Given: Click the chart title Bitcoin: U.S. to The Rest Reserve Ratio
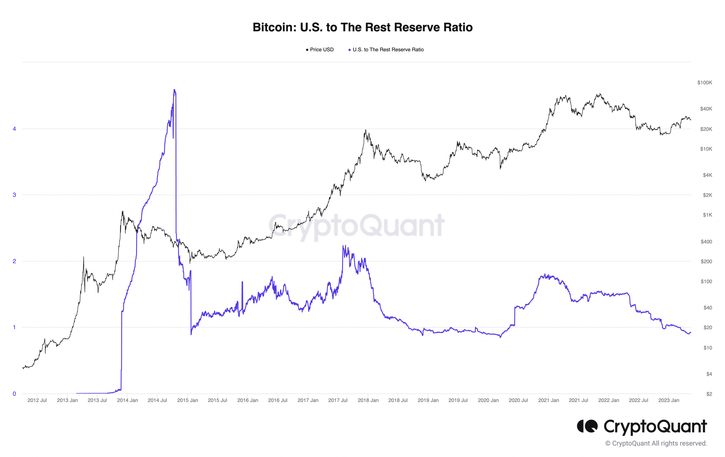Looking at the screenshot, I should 362,27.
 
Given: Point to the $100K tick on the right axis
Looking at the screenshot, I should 704,82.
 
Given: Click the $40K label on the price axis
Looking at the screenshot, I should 706,109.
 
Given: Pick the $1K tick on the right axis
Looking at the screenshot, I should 707,215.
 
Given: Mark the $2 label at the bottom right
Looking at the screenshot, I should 709,394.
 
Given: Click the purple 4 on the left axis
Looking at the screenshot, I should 14,129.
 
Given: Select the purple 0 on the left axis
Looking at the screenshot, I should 14,394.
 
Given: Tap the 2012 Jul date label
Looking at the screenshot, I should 37,400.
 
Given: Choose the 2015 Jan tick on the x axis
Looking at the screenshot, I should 187,400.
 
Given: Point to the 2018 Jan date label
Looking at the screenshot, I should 368,400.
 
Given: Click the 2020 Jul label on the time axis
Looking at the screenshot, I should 518,400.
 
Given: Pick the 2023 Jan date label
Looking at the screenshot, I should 668,400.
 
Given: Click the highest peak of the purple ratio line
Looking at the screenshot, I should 174,90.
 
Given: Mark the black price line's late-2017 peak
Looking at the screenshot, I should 366,130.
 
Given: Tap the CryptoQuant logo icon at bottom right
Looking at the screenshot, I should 587,426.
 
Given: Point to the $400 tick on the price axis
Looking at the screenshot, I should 706,242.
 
